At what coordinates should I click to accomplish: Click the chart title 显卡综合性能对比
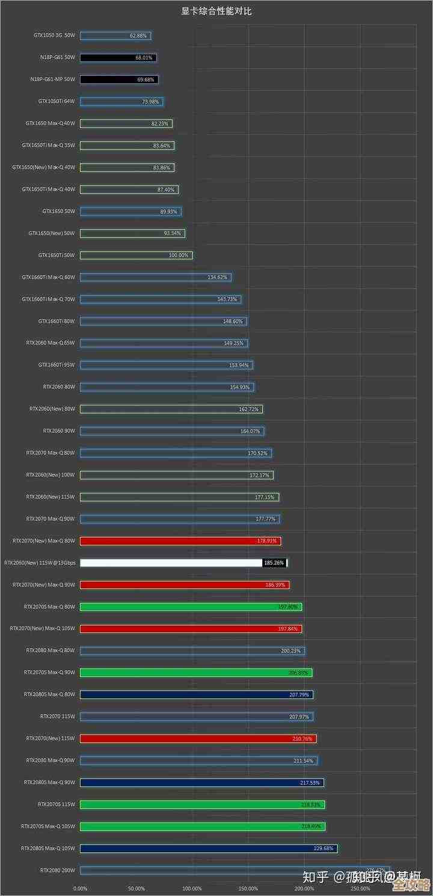(216, 11)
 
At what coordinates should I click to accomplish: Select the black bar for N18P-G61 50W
(118, 58)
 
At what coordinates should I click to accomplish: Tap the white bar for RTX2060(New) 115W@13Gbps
(171, 563)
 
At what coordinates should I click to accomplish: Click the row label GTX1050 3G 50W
(55, 36)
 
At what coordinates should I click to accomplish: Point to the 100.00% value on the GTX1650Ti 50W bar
(179, 255)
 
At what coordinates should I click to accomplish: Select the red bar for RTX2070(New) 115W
(198, 738)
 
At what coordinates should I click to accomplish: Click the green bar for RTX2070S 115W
(202, 804)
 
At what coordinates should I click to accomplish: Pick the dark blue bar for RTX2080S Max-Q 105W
(208, 848)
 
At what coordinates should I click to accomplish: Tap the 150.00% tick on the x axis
(248, 889)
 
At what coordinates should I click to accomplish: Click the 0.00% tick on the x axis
(80, 889)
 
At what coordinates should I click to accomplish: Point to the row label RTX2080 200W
(58, 870)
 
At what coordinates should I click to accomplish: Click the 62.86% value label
(138, 36)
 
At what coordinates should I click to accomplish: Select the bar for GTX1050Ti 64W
(121, 102)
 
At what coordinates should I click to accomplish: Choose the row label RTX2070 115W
(58, 717)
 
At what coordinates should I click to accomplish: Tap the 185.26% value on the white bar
(274, 563)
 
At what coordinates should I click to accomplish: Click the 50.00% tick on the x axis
(136, 889)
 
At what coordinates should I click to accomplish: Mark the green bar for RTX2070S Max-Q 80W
(191, 607)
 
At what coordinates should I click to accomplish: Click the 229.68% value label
(324, 848)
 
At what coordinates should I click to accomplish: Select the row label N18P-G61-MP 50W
(53, 79)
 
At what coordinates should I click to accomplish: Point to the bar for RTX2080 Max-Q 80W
(192, 651)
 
